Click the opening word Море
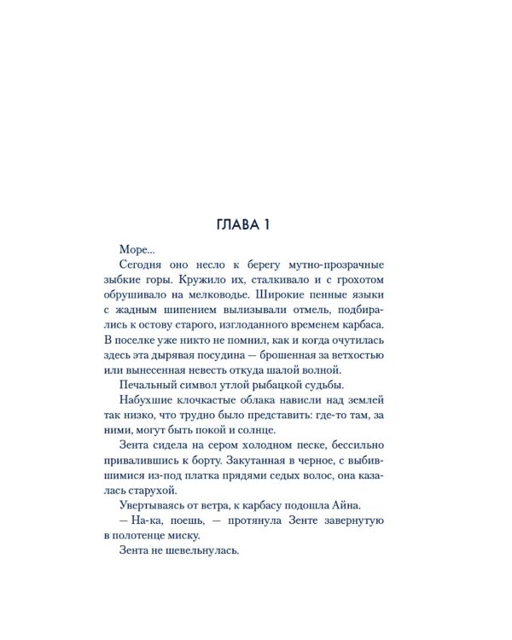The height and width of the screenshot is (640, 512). tap(137, 250)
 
